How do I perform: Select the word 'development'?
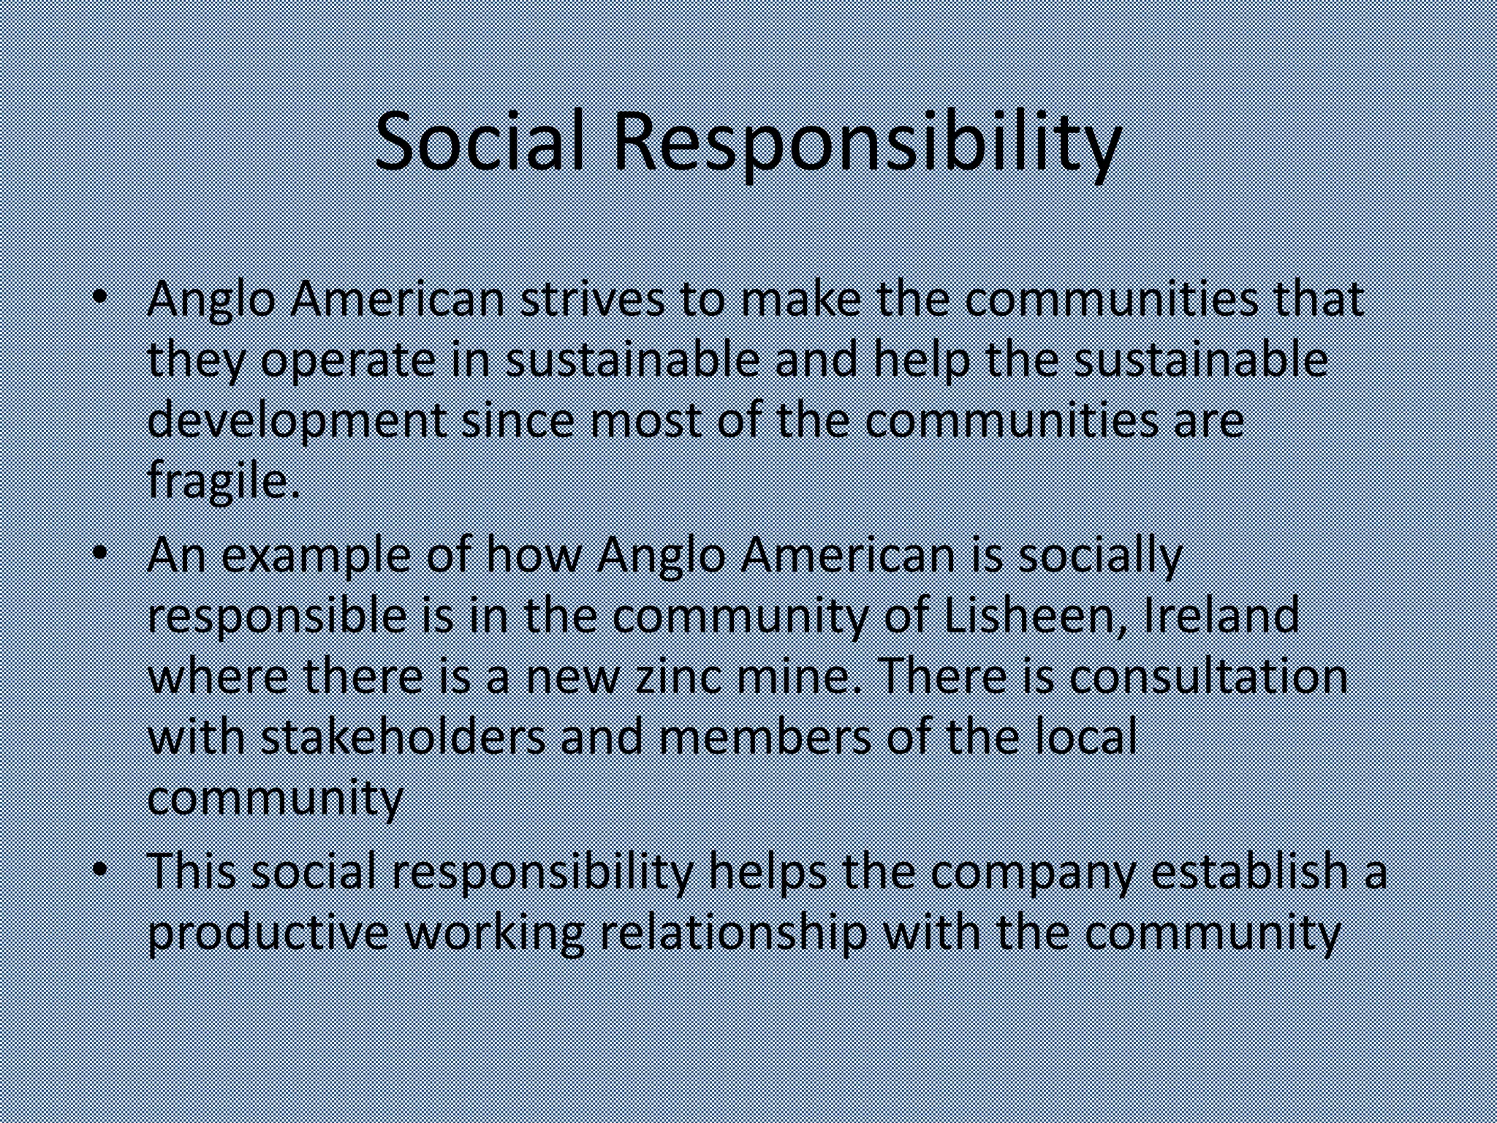point(297,423)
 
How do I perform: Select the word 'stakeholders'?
point(403,737)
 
